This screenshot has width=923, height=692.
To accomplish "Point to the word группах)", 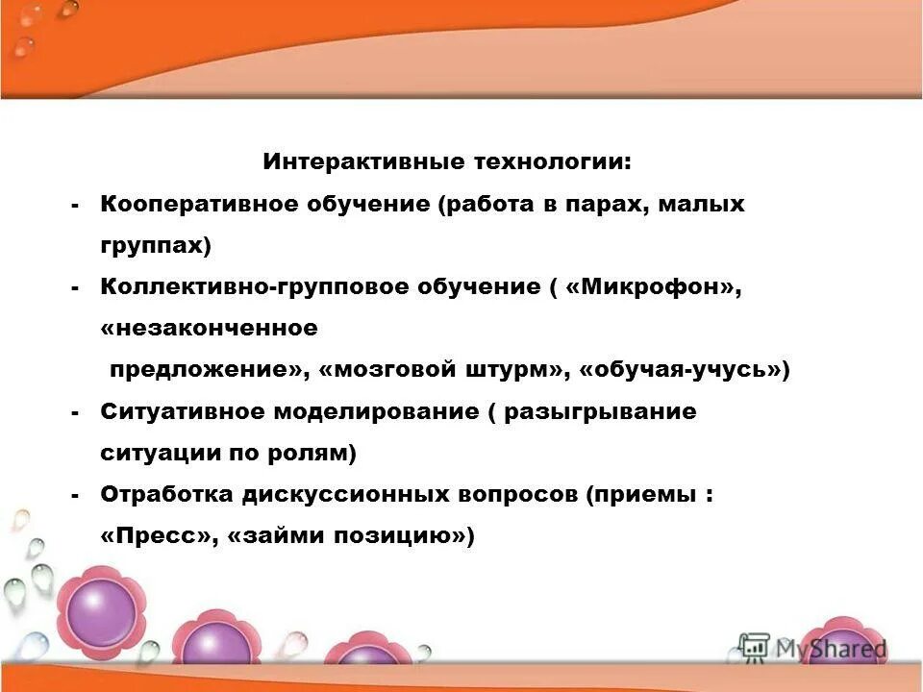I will (x=155, y=246).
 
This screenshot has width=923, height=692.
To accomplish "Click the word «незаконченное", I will (x=209, y=329).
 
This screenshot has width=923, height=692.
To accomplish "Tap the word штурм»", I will (x=522, y=370).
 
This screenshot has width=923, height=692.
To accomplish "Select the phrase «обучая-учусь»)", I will (x=686, y=370).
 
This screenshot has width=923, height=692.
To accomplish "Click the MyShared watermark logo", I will (x=813, y=648).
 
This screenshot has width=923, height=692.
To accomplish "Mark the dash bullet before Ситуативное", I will (x=75, y=412).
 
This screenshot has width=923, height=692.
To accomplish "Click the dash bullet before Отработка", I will (x=75, y=496).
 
